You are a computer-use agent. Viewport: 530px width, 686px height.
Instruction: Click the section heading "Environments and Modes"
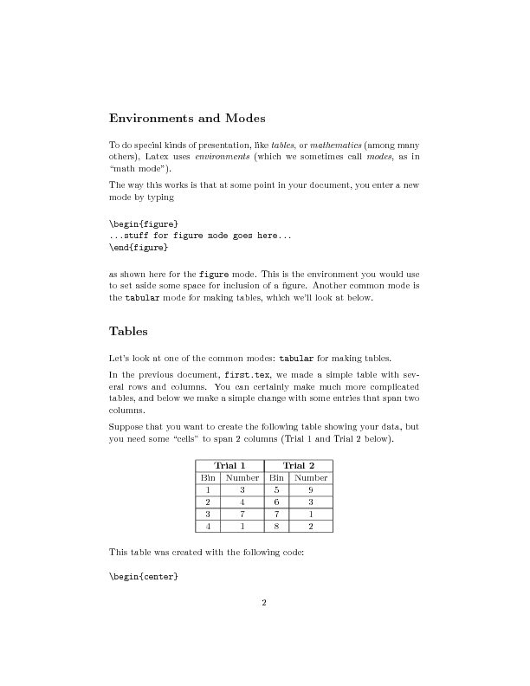pos(187,117)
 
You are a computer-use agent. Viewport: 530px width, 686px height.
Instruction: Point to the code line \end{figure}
pos(139,247)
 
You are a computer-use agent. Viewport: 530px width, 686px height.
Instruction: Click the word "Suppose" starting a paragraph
pos(128,427)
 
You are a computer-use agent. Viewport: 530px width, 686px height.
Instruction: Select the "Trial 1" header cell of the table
pos(229,466)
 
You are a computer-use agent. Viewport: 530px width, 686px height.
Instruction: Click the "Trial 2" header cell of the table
pos(299,466)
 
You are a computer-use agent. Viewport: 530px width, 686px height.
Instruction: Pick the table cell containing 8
pos(276,525)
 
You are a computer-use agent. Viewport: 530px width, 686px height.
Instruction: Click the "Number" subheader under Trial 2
pos(311,477)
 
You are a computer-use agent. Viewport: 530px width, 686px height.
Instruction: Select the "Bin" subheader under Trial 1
pos(208,477)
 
